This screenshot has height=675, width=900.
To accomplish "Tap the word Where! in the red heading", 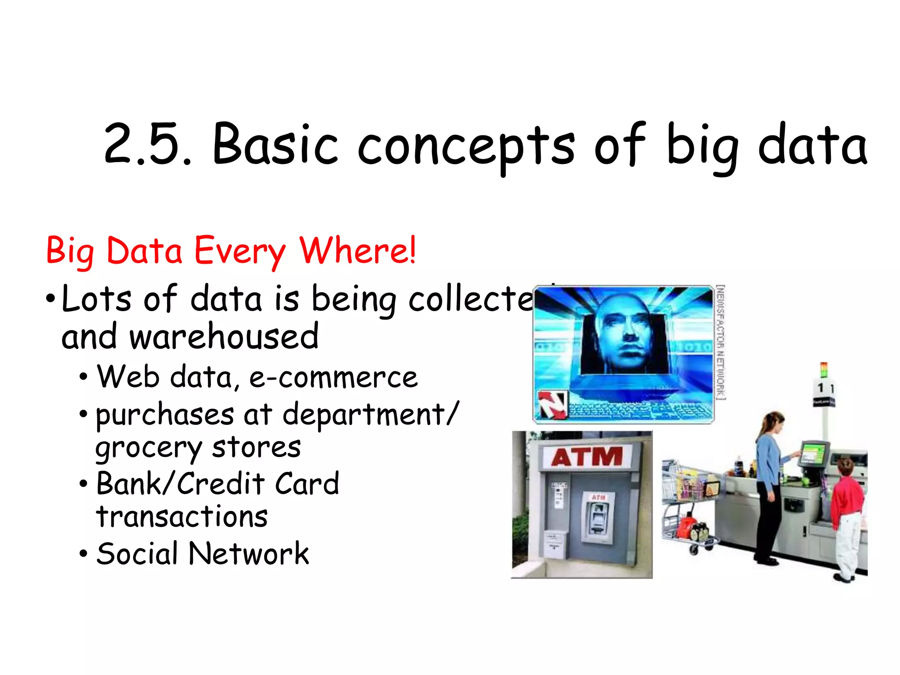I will coord(357,250).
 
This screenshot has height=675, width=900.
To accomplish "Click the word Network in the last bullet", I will coord(249,553).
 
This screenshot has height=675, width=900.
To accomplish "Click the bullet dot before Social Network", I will coord(83,554).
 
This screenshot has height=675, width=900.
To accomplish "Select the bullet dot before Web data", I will coord(83,377).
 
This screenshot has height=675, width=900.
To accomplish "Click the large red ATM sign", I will coord(587,457).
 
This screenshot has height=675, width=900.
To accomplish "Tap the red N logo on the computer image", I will coord(552,404).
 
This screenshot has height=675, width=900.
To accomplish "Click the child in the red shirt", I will coord(846,519).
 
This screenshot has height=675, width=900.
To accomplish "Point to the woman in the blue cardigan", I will coord(769,483).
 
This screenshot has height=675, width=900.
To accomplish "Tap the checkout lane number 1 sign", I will coord(823,388).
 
